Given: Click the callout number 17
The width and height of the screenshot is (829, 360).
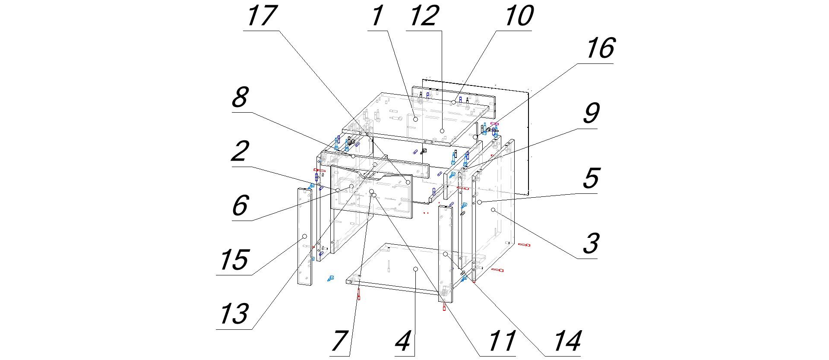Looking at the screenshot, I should click(261, 16).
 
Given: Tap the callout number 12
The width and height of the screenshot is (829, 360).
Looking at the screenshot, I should click(424, 16).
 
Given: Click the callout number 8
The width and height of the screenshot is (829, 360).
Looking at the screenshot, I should click(240, 97).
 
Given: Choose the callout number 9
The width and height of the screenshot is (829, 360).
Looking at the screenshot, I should click(591, 113).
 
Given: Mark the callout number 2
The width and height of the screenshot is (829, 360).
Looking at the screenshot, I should click(240, 151).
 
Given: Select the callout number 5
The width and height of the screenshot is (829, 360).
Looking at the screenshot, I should click(591, 178).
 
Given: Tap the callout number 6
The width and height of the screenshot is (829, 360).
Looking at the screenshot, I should click(240, 205).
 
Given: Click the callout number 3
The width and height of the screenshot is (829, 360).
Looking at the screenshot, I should click(591, 243).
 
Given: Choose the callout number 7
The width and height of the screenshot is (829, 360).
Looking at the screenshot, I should click(339, 341).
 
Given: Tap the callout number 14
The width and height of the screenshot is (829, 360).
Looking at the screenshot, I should click(567, 341).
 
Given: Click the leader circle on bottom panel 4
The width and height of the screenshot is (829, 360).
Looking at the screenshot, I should click(415, 269).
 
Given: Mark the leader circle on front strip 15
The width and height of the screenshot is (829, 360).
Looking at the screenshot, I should click(304, 236).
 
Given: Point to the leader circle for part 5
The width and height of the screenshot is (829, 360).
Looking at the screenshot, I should click(479, 202).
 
